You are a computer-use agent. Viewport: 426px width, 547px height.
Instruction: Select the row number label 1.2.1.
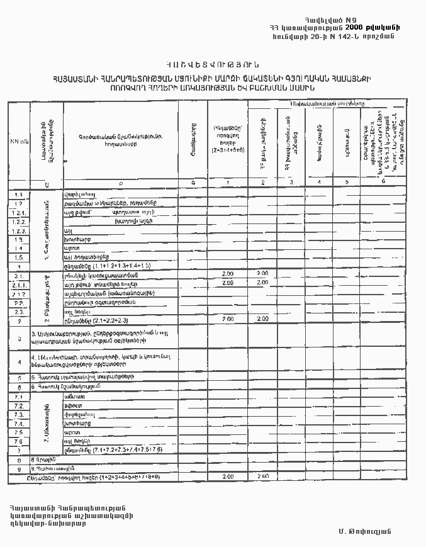click(19, 213)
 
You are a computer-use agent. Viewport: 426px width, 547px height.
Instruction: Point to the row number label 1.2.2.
click(19, 222)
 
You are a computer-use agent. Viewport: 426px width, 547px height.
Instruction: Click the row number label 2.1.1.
click(19, 284)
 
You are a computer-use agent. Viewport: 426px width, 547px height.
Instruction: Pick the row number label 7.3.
click(19, 415)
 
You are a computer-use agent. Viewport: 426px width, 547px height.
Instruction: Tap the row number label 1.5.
click(19, 257)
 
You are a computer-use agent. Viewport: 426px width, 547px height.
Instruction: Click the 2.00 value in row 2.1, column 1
click(228, 274)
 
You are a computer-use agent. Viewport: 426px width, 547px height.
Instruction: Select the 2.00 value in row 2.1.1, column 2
click(262, 283)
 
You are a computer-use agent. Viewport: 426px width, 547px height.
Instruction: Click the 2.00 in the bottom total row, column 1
click(228, 477)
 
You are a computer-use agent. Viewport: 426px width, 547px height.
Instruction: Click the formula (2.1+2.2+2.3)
click(98, 320)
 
